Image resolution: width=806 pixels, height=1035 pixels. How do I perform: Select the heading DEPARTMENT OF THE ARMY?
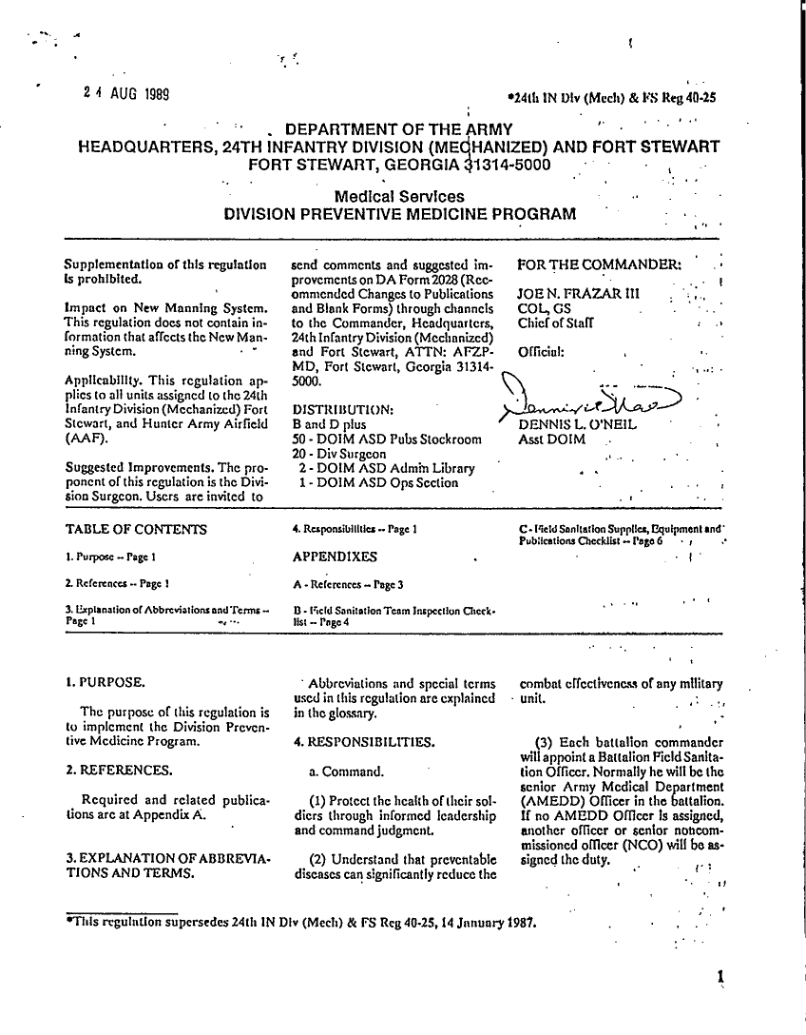tap(399, 129)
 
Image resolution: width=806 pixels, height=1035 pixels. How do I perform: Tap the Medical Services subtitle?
tap(399, 196)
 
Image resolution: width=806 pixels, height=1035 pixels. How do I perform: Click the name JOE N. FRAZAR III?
tap(573, 294)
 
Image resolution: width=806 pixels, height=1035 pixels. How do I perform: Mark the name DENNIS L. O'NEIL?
tap(576, 425)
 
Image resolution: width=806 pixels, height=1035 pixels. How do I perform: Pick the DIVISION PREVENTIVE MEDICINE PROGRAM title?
tap(399, 213)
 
